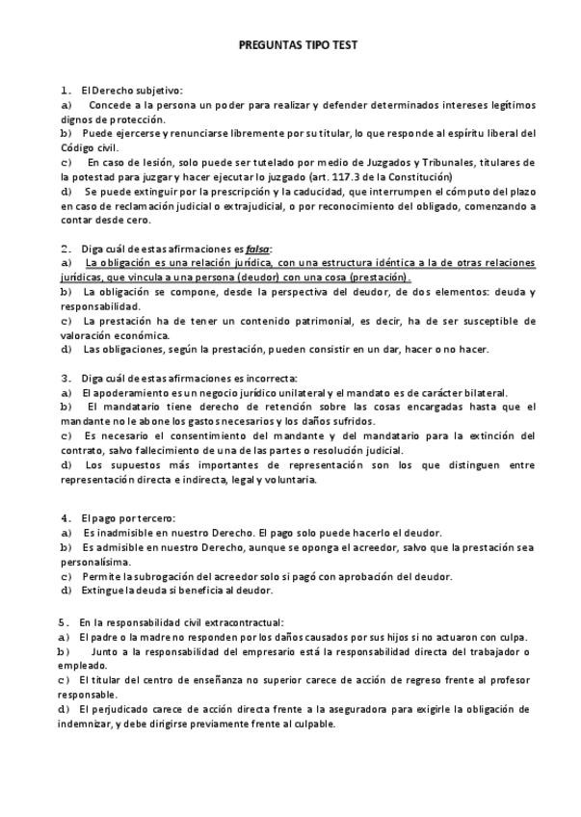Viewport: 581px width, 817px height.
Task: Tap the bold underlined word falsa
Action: pos(257,248)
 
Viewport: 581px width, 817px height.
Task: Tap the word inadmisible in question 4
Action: pos(113,533)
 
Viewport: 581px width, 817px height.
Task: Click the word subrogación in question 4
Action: pos(161,576)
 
